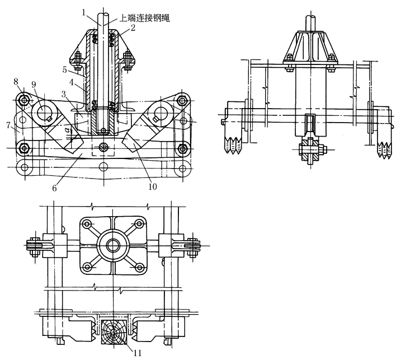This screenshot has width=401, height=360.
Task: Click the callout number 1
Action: pos(83,12)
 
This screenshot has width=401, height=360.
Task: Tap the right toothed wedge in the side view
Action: pos(385,149)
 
